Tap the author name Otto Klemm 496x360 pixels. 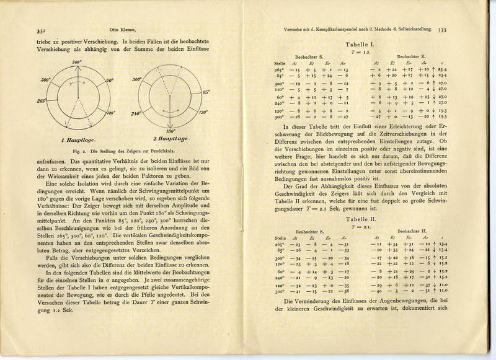click(122, 29)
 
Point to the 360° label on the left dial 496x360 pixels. click(77, 63)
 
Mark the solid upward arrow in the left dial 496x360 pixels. click(77, 87)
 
